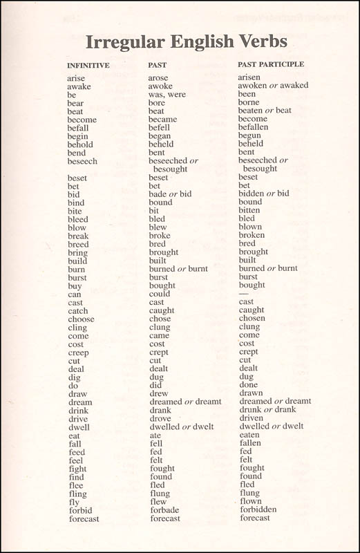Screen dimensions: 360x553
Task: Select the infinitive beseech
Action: (x=82, y=161)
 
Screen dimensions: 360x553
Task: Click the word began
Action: (x=160, y=136)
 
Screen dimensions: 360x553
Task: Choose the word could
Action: (x=160, y=294)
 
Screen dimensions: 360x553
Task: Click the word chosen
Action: (x=252, y=319)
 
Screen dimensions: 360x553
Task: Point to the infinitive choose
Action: (x=82, y=319)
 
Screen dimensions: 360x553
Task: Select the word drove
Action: (x=160, y=418)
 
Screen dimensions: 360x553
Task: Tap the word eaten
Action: (x=249, y=435)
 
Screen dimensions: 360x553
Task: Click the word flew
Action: (x=158, y=501)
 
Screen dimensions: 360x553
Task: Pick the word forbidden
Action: (x=258, y=509)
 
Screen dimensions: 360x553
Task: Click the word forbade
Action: (x=164, y=509)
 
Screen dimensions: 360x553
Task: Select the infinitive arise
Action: (x=76, y=78)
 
